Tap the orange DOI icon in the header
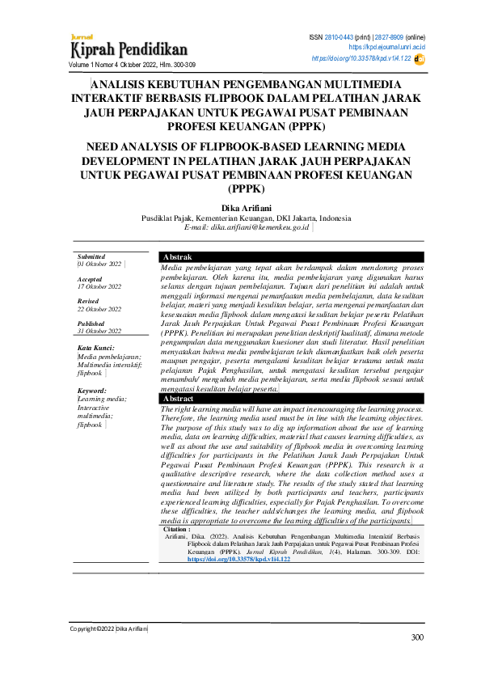click(x=419, y=58)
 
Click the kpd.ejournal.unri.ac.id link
click(x=393, y=48)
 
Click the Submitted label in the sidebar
click(x=91, y=256)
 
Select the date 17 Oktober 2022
click(x=99, y=286)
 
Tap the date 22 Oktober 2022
click(x=99, y=309)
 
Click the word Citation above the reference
click(x=177, y=528)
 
